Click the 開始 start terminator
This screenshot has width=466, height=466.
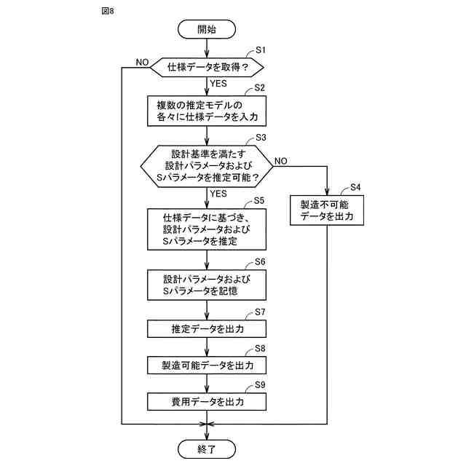207,29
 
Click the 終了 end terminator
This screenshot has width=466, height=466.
207,449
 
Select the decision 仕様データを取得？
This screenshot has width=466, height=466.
207,68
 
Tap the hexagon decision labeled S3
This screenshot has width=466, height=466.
207,166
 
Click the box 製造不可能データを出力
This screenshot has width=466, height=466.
327,210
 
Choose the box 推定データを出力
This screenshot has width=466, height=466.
207,328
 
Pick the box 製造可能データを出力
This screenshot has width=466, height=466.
207,365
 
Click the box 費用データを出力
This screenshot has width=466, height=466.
207,402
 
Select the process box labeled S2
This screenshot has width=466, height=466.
207,111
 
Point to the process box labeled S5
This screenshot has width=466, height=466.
207,229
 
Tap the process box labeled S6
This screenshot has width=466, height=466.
207,285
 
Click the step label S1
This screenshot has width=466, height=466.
261,50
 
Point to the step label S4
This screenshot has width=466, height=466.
355,187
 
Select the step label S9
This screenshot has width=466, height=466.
260,384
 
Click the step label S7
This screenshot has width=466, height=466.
260,312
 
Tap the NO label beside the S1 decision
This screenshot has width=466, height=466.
142,62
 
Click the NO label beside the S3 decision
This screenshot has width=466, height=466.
280,161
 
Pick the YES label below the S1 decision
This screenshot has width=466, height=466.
218,84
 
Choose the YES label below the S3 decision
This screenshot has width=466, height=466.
218,194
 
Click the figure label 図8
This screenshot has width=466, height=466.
108,11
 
